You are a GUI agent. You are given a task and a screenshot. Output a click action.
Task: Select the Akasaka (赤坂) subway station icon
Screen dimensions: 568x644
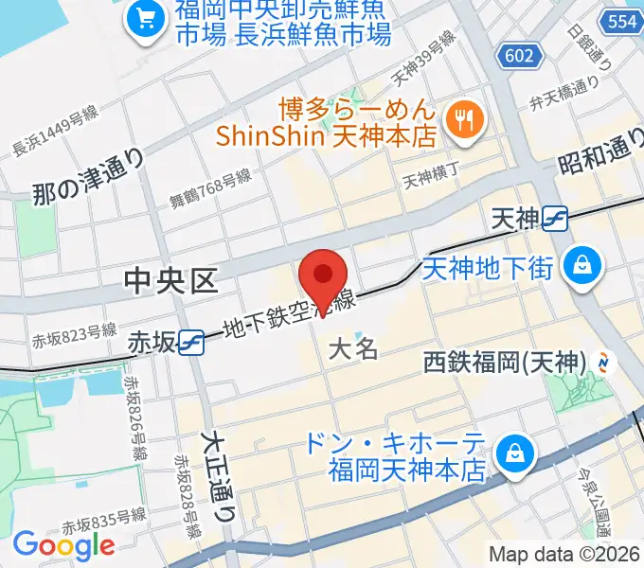point(190,341)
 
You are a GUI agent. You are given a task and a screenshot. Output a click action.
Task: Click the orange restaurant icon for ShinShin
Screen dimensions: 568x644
point(464,118)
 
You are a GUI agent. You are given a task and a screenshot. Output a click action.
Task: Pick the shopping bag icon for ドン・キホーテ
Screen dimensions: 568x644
point(514,453)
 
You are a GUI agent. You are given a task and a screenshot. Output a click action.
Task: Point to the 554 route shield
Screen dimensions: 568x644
point(622,21)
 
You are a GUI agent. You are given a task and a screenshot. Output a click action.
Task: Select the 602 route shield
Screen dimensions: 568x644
point(519,56)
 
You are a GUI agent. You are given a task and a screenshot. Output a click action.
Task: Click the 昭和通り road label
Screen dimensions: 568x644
point(595,152)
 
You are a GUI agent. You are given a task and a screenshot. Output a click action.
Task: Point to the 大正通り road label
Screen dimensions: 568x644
point(219,477)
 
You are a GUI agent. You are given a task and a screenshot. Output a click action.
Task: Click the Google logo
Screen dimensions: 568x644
point(63,544)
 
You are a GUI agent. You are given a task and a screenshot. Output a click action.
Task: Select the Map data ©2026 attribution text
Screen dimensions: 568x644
point(564,554)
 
